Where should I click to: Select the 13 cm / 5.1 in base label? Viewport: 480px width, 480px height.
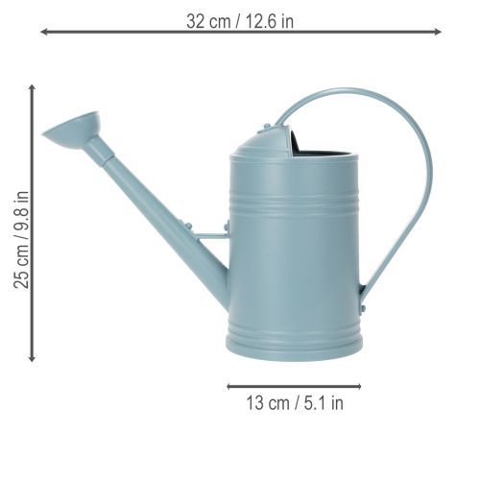[295, 403]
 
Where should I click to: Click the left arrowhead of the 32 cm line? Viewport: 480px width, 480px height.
[44, 32]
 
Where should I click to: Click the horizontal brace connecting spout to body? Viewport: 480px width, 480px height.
[209, 230]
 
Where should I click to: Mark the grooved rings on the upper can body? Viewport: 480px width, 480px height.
[295, 197]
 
